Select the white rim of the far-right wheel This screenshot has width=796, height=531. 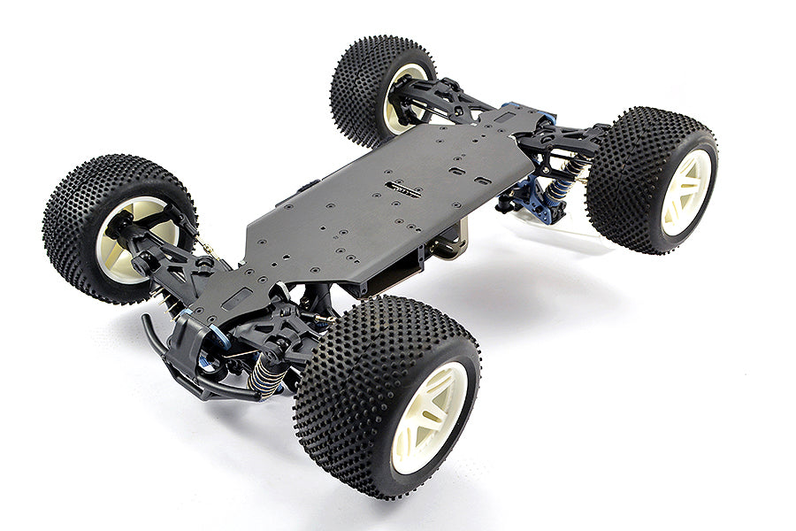(685, 192)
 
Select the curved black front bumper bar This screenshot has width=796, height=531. (168, 358)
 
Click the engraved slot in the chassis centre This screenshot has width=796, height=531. (402, 188)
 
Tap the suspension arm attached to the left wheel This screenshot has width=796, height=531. (172, 257)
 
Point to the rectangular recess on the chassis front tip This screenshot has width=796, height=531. (234, 301)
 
